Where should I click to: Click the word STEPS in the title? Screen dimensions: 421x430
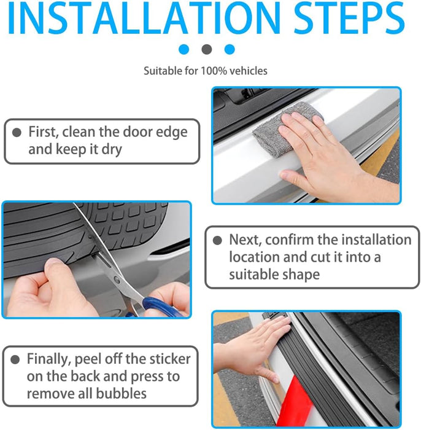350,18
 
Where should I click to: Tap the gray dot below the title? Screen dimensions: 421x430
207,49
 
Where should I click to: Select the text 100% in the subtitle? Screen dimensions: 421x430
214,71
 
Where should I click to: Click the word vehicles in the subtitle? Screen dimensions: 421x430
249,71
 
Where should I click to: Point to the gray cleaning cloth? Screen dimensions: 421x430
286,129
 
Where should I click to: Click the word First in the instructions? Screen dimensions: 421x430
44,132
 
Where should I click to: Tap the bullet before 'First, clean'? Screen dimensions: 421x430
17,132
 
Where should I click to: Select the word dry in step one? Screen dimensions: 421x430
112,150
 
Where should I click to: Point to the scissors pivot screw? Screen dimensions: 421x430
117,280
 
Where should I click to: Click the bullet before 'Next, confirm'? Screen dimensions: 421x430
217,240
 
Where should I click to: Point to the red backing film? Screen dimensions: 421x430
295,401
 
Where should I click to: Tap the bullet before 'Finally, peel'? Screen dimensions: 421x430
15,359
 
